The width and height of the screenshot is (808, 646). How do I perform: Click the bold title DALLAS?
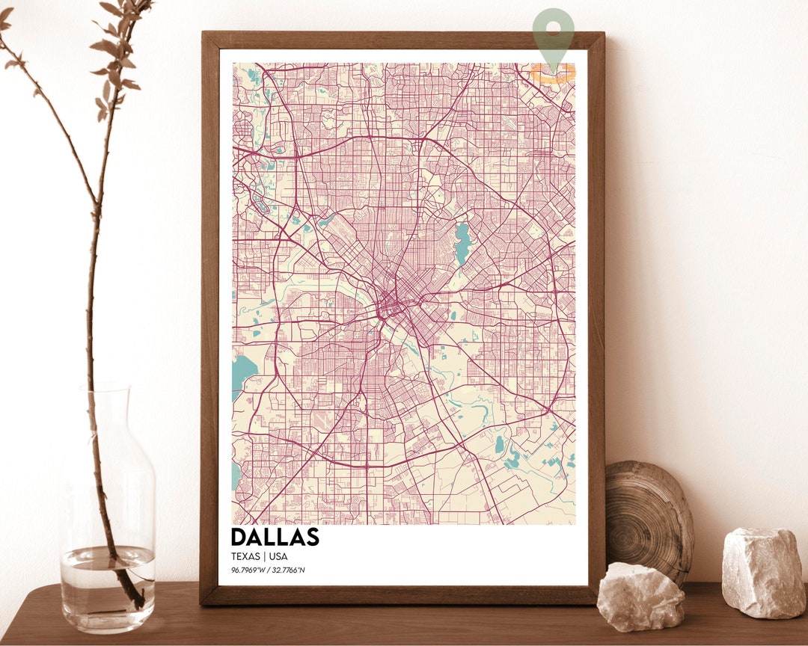(x=275, y=537)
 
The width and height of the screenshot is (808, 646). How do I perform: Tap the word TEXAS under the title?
(x=245, y=557)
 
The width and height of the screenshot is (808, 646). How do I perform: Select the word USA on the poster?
(x=278, y=557)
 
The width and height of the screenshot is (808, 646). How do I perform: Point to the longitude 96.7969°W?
(x=249, y=571)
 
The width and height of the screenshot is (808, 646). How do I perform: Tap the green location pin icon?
(x=554, y=34)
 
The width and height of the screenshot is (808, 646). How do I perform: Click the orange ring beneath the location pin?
(x=554, y=73)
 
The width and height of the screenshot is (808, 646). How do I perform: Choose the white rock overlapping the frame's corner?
(x=640, y=597)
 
